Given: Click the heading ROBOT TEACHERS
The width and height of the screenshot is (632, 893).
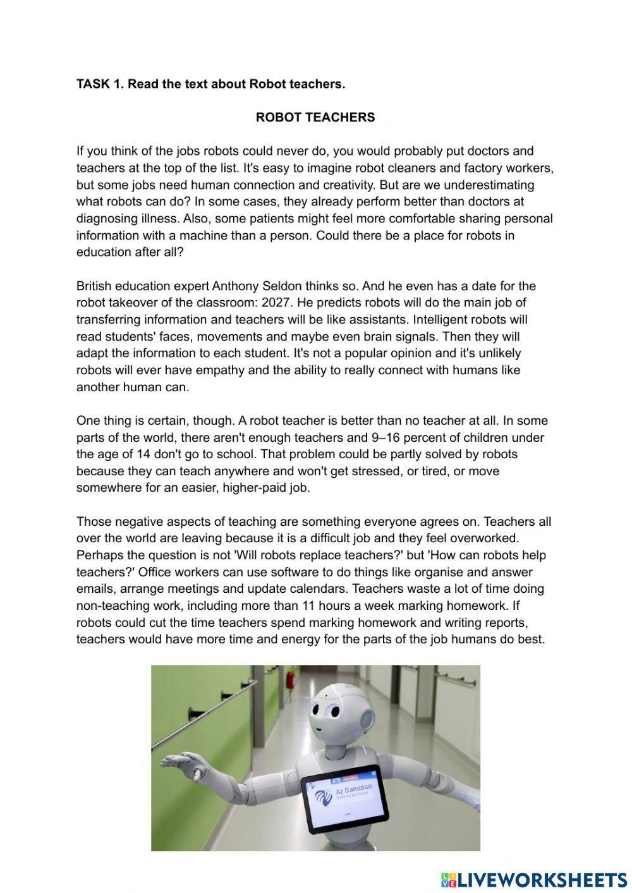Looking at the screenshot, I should tap(315, 118).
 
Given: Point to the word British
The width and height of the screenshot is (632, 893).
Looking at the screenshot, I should tap(96, 286).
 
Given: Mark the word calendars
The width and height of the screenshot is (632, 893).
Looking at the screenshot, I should tap(320, 589).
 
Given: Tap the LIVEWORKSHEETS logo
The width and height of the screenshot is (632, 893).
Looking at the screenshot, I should tap(533, 879).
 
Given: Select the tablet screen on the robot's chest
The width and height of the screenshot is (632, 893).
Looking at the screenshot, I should tap(344, 798).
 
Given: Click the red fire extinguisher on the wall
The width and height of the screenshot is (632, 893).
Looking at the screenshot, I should tap(291, 681).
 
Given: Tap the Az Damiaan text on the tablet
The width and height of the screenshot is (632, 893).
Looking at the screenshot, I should tap(358, 789).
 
